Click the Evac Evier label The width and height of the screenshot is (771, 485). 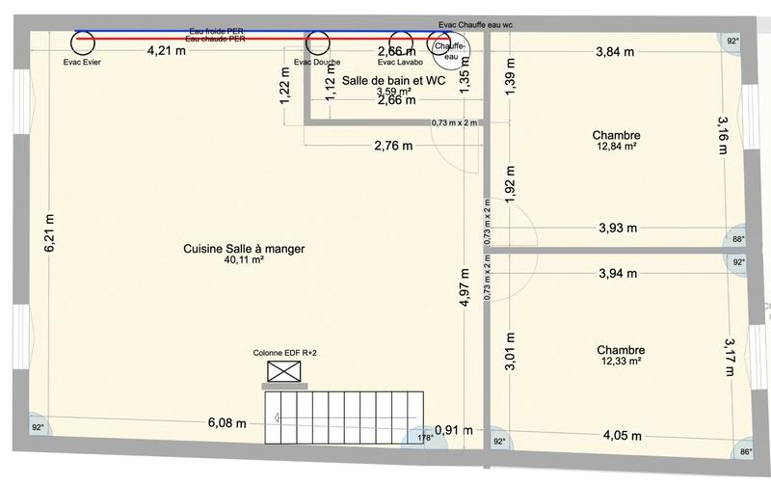pyautogui.click(x=82, y=62)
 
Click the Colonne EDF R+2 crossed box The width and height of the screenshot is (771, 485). pyautogui.click(x=284, y=371)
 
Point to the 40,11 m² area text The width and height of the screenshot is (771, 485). pyautogui.click(x=244, y=260)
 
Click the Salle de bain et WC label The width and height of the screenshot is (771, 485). pyautogui.click(x=386, y=81)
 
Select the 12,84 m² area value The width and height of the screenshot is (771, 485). pyautogui.click(x=617, y=148)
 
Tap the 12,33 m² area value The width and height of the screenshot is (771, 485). pyautogui.click(x=620, y=362)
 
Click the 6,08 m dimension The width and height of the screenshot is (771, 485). pyautogui.click(x=227, y=423)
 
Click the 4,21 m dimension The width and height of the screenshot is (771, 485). pyautogui.click(x=167, y=51)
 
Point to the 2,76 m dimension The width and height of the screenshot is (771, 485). pyautogui.click(x=393, y=147)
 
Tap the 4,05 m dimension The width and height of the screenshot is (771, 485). pyautogui.click(x=622, y=435)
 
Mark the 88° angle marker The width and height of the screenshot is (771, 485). pyautogui.click(x=737, y=240)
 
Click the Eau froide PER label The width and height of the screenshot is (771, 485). pyautogui.click(x=217, y=31)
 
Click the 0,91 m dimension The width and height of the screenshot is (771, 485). pyautogui.click(x=446, y=429)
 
